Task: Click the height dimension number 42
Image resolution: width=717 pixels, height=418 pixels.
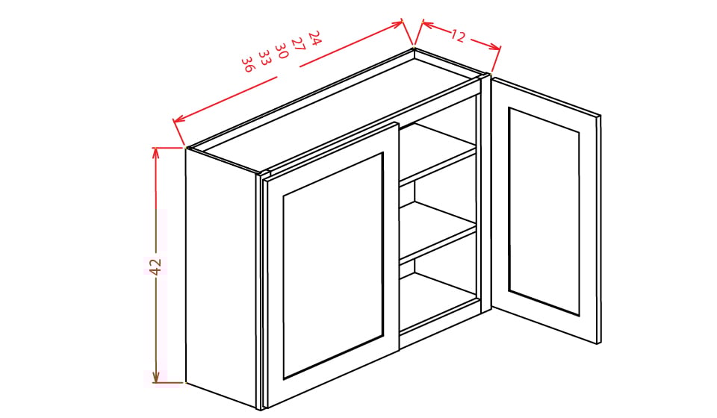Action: tap(155, 266)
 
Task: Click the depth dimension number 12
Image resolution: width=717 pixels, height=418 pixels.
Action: tap(458, 35)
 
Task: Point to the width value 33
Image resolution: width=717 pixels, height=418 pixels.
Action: tap(264, 57)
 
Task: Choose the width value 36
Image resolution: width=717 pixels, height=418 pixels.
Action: tap(247, 64)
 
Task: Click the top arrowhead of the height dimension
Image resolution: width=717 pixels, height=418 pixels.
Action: tap(156, 152)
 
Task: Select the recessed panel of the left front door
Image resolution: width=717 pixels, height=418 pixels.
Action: tap(333, 265)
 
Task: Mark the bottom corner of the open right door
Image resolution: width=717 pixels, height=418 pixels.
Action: tap(597, 343)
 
